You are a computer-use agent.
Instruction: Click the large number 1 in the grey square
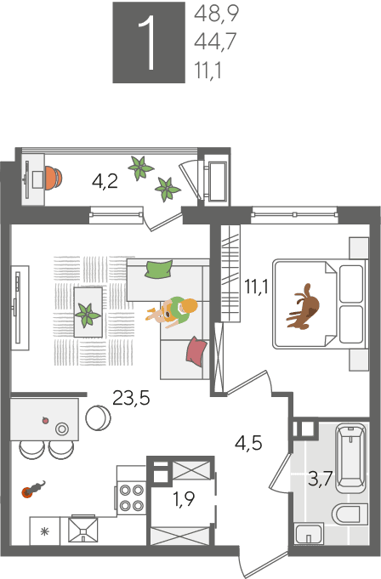click(149, 43)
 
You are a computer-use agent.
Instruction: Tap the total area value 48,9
click(216, 14)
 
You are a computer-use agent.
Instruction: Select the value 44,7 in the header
click(215, 42)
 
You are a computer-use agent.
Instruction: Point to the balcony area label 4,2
click(105, 181)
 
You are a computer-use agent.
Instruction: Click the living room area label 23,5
click(131, 398)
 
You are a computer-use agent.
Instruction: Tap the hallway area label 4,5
click(248, 443)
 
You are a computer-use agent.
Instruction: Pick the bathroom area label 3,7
click(321, 480)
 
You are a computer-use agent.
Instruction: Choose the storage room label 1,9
click(184, 499)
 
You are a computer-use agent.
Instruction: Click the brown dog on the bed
click(304, 306)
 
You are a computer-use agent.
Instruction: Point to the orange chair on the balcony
click(54, 178)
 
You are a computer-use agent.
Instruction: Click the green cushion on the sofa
click(159, 270)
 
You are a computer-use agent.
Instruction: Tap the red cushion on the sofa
click(196, 351)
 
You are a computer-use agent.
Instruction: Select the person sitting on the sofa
click(173, 312)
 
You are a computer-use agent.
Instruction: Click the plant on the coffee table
click(88, 315)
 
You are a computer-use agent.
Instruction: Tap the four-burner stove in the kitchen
click(132, 497)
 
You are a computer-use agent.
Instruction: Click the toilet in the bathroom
click(346, 514)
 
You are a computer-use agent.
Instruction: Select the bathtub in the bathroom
click(350, 458)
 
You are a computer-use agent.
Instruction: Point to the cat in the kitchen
click(34, 489)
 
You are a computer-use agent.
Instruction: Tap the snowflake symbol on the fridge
click(45, 531)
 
